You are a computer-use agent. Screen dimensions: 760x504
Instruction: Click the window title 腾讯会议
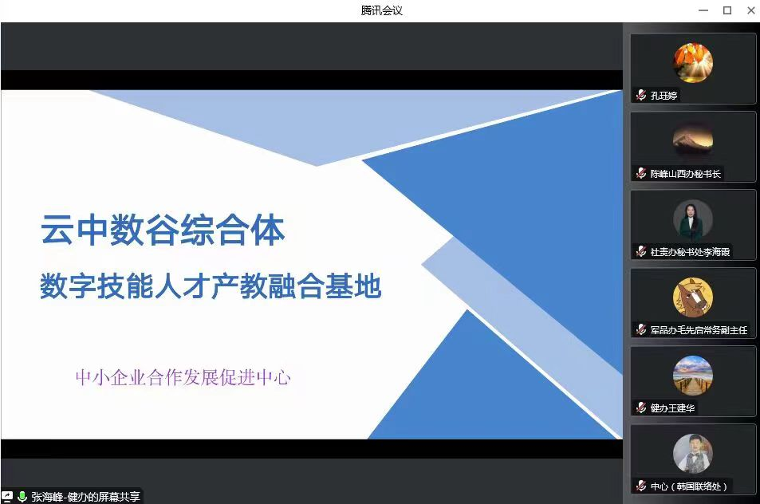point(381,10)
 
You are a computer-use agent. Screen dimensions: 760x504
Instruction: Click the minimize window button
point(703,10)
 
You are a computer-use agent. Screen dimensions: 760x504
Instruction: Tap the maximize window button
point(727,10)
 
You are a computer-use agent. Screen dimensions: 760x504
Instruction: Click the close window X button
point(750,10)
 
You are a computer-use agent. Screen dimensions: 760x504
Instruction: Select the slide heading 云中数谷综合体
point(163,230)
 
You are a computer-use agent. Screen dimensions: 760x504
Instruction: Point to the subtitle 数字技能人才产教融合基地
point(211,285)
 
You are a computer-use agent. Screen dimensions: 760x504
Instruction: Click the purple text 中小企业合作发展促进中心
point(183,377)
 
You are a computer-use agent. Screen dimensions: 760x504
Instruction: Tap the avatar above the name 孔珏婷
point(693,63)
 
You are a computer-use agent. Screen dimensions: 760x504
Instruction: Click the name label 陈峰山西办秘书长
point(685,174)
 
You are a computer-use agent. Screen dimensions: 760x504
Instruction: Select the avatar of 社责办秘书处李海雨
point(693,219)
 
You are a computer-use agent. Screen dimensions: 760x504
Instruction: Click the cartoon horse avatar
point(693,297)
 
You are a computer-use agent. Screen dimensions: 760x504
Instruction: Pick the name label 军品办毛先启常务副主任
point(699,330)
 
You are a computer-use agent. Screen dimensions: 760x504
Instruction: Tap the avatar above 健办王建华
point(693,376)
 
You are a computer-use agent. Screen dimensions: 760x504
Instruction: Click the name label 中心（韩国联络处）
point(689,486)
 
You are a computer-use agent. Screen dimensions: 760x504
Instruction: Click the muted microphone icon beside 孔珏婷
point(641,95)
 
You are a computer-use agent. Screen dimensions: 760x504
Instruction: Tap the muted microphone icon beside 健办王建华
point(641,408)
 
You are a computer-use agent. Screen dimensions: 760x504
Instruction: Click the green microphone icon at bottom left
point(22,496)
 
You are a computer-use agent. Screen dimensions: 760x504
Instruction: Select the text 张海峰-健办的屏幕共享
point(86,497)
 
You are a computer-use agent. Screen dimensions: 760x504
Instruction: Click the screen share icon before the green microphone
point(7,496)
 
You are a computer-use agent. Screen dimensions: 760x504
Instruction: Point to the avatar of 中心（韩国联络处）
point(693,454)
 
